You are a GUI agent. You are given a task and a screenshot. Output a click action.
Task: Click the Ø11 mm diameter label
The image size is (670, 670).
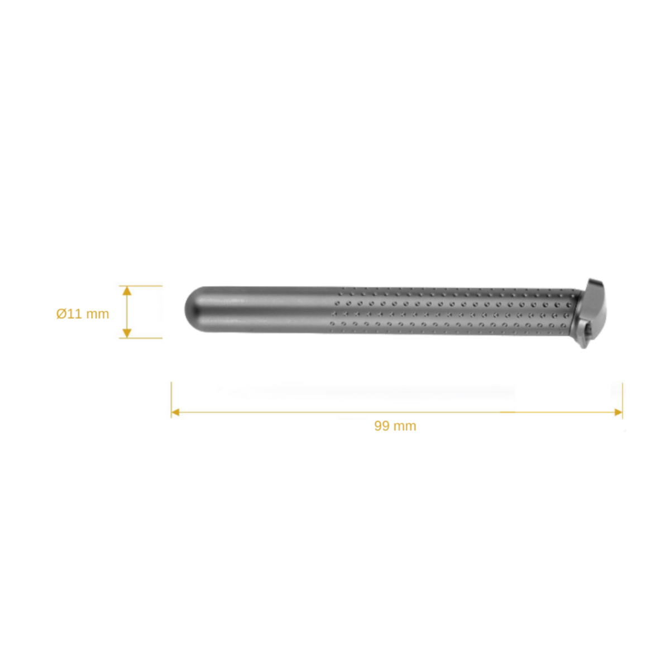(x=83, y=314)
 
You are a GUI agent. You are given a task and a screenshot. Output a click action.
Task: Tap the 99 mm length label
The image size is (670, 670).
(x=395, y=426)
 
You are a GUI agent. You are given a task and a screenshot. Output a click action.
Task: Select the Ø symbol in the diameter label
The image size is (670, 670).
(x=61, y=314)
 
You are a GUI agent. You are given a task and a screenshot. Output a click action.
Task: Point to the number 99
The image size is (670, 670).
(x=381, y=426)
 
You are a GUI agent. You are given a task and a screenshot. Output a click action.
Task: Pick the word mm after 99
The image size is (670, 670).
(x=404, y=426)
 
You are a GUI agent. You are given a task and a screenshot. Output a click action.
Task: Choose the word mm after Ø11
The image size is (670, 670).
(x=97, y=314)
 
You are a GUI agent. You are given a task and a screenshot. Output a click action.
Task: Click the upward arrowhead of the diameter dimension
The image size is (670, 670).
(x=127, y=291)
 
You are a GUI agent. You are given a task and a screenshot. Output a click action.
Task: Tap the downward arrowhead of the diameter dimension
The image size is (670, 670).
(x=127, y=333)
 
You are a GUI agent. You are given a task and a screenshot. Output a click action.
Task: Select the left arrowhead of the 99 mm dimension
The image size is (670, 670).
(x=175, y=412)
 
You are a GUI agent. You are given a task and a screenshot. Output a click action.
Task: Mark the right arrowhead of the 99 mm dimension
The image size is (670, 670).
(x=618, y=412)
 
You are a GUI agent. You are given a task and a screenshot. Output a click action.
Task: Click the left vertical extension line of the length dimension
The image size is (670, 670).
(x=171, y=396)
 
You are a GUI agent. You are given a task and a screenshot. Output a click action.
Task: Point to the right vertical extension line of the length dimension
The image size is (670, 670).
(x=623, y=396)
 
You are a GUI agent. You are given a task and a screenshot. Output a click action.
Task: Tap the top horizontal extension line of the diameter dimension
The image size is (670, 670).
(x=142, y=286)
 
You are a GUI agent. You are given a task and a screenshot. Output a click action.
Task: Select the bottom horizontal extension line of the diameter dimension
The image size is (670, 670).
(x=142, y=338)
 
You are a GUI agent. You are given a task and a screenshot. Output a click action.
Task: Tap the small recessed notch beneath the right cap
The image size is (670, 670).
(x=584, y=335)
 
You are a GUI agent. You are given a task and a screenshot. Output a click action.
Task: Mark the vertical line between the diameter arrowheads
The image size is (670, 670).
(x=127, y=312)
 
